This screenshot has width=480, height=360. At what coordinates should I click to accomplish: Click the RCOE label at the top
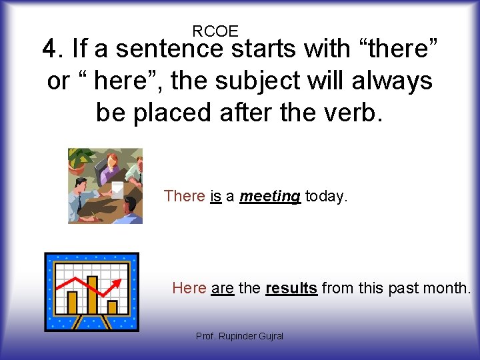215,31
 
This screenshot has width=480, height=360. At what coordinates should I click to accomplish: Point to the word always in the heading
394,81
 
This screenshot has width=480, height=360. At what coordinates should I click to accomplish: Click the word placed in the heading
179,113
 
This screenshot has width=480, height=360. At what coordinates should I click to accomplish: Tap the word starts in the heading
269,49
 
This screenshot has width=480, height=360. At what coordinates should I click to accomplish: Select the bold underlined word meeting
269,196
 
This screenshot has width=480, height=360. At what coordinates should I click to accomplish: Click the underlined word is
215,196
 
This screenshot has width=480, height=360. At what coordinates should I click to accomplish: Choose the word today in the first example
326,196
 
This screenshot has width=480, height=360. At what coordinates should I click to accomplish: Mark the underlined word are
222,288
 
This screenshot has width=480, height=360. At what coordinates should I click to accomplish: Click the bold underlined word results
291,288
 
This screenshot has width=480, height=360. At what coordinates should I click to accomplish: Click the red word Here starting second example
189,288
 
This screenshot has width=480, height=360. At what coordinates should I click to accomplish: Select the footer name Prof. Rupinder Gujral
239,336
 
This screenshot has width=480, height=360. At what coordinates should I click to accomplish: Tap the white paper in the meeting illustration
117,189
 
